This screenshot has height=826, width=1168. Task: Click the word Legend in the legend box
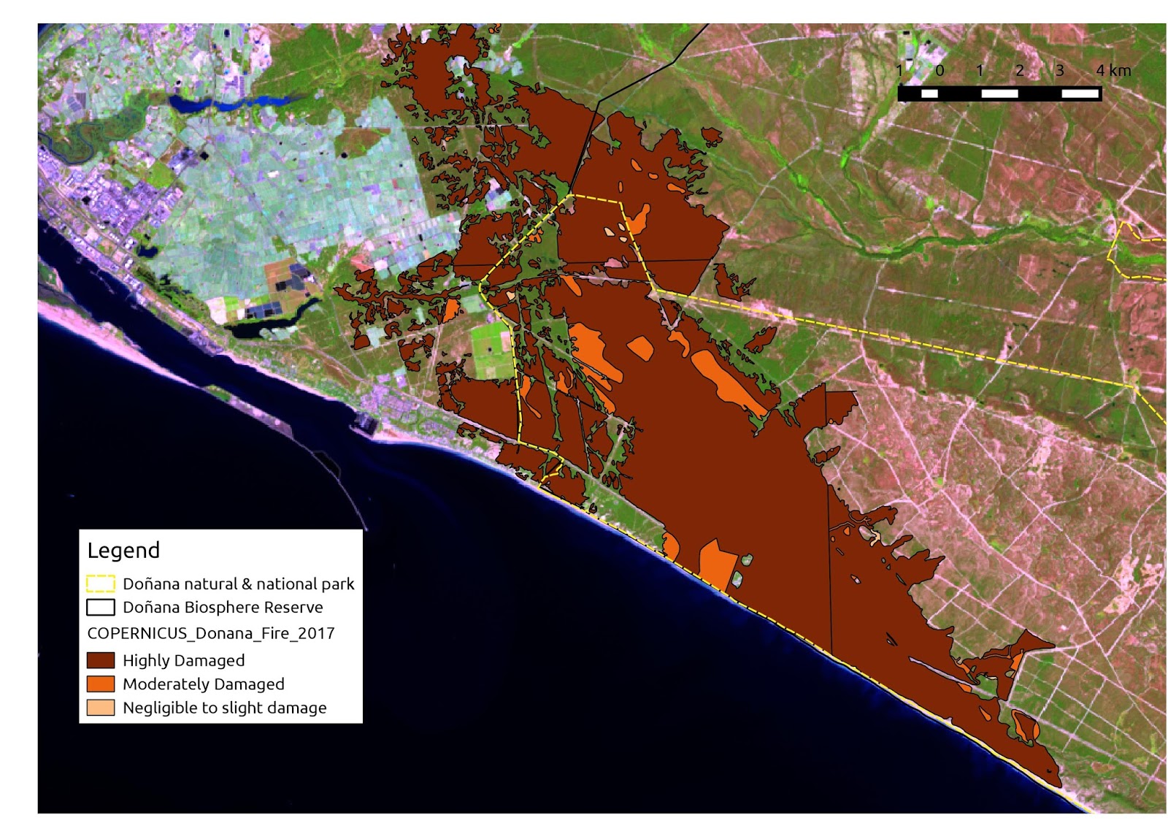[123, 550]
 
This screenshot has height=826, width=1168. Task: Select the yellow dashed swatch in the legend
[101, 584]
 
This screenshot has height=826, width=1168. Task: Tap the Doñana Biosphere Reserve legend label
[223, 607]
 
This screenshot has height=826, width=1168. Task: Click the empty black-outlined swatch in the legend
[101, 607]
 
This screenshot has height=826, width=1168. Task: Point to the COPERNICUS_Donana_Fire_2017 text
[210, 633]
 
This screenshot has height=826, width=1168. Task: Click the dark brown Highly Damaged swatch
[101, 660]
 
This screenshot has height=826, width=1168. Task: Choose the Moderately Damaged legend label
[203, 684]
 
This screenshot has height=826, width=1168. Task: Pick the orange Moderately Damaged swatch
[101, 684]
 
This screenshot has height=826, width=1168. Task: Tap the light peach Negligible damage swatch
[101, 708]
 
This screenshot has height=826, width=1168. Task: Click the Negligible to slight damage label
[224, 708]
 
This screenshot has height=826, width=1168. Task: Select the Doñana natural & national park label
[238, 584]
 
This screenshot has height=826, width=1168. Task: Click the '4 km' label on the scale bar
[1113, 71]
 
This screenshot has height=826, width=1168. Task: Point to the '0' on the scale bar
[940, 71]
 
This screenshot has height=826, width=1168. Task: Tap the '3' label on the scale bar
[1059, 71]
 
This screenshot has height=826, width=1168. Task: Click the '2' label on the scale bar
[1020, 71]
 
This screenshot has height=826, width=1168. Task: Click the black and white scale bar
[999, 93]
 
